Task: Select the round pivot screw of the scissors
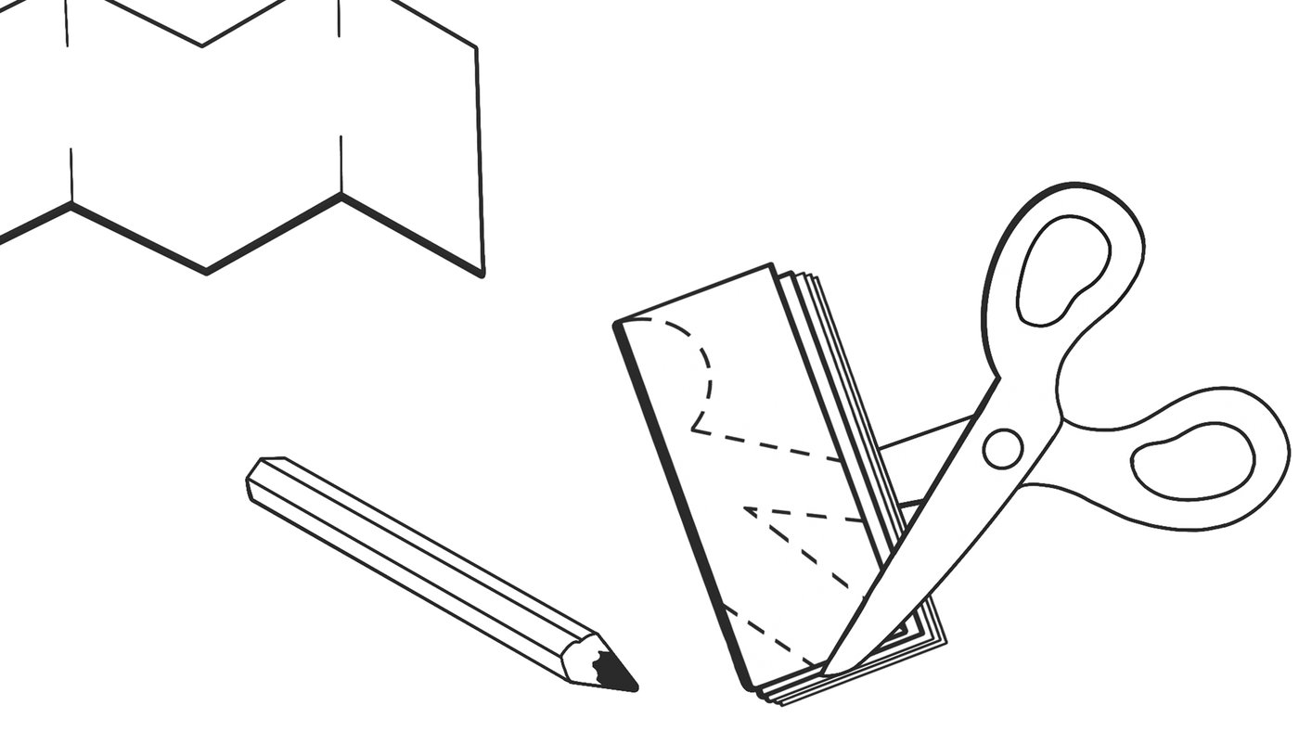pyautogui.click(x=1002, y=448)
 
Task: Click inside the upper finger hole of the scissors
pyautogui.click(x=1064, y=270)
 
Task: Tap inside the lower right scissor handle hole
pyautogui.click(x=1194, y=461)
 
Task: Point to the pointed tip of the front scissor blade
pyautogui.click(x=829, y=670)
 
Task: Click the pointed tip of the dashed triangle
pyautogui.click(x=746, y=508)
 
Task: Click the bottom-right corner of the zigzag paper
pyautogui.click(x=482, y=274)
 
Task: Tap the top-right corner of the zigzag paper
pyautogui.click(x=476, y=47)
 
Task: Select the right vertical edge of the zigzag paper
pyautogui.click(x=480, y=158)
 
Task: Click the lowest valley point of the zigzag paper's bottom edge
pyautogui.click(x=205, y=272)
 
